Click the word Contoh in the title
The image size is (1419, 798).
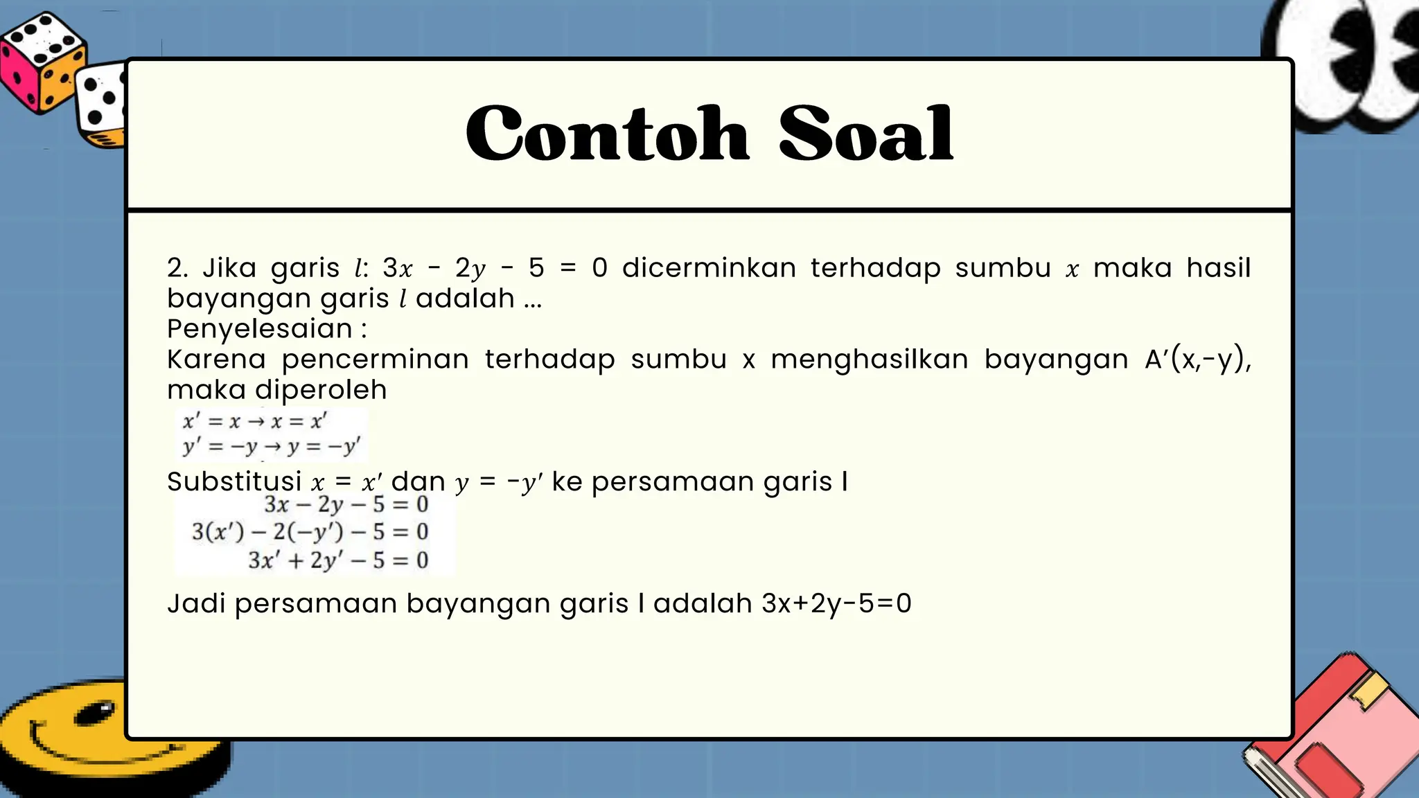(607, 134)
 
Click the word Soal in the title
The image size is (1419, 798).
(866, 134)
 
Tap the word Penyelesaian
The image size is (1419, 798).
(260, 329)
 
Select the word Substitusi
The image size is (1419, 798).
(234, 481)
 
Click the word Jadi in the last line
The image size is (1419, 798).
(196, 603)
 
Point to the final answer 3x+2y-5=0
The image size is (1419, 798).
(836, 603)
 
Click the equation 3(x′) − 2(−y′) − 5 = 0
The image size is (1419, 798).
(310, 532)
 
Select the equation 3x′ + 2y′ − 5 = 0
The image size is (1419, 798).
(338, 560)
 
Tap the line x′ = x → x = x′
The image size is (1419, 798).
(254, 421)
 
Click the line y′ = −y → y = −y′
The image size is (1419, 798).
(271, 447)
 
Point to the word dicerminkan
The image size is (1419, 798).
(709, 268)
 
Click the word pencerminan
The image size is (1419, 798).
(375, 360)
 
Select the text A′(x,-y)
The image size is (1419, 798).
(1197, 360)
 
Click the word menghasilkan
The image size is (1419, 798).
(870, 360)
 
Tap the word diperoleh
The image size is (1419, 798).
(321, 390)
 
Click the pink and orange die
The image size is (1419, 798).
(42, 62)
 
